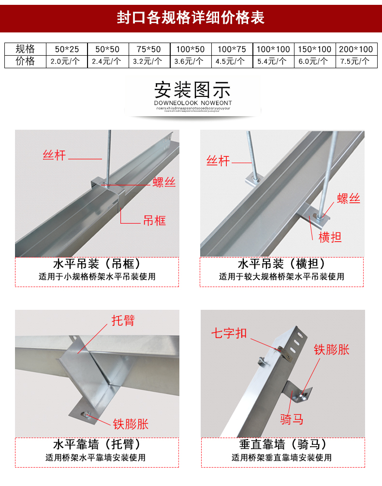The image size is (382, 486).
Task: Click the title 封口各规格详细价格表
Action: pos(191,18)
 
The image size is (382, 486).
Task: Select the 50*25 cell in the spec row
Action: pos(67,49)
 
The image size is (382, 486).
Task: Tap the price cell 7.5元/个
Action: pos(355,61)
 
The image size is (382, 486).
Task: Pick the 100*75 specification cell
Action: pos(232,49)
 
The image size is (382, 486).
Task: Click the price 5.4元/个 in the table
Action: pos(272,61)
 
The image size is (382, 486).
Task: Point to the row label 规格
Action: pos(26,49)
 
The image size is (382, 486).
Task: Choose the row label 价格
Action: pos(26,61)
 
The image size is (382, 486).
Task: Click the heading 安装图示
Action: pos(192,90)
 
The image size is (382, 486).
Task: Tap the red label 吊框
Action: pos(154,221)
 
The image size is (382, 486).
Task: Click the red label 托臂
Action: pos(123,320)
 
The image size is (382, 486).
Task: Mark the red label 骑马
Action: pos(292,419)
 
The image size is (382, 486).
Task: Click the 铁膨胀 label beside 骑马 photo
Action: pos(331,349)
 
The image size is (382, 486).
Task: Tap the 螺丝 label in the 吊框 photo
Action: pos(164,182)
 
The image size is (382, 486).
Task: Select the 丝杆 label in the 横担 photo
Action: pos(218,161)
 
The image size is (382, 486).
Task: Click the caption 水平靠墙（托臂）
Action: pos(97,444)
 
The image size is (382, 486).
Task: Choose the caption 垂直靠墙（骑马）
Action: pos(282,444)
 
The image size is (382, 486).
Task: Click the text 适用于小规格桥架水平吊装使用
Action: pos(97,277)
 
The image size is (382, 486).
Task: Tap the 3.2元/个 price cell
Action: pos(148,61)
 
